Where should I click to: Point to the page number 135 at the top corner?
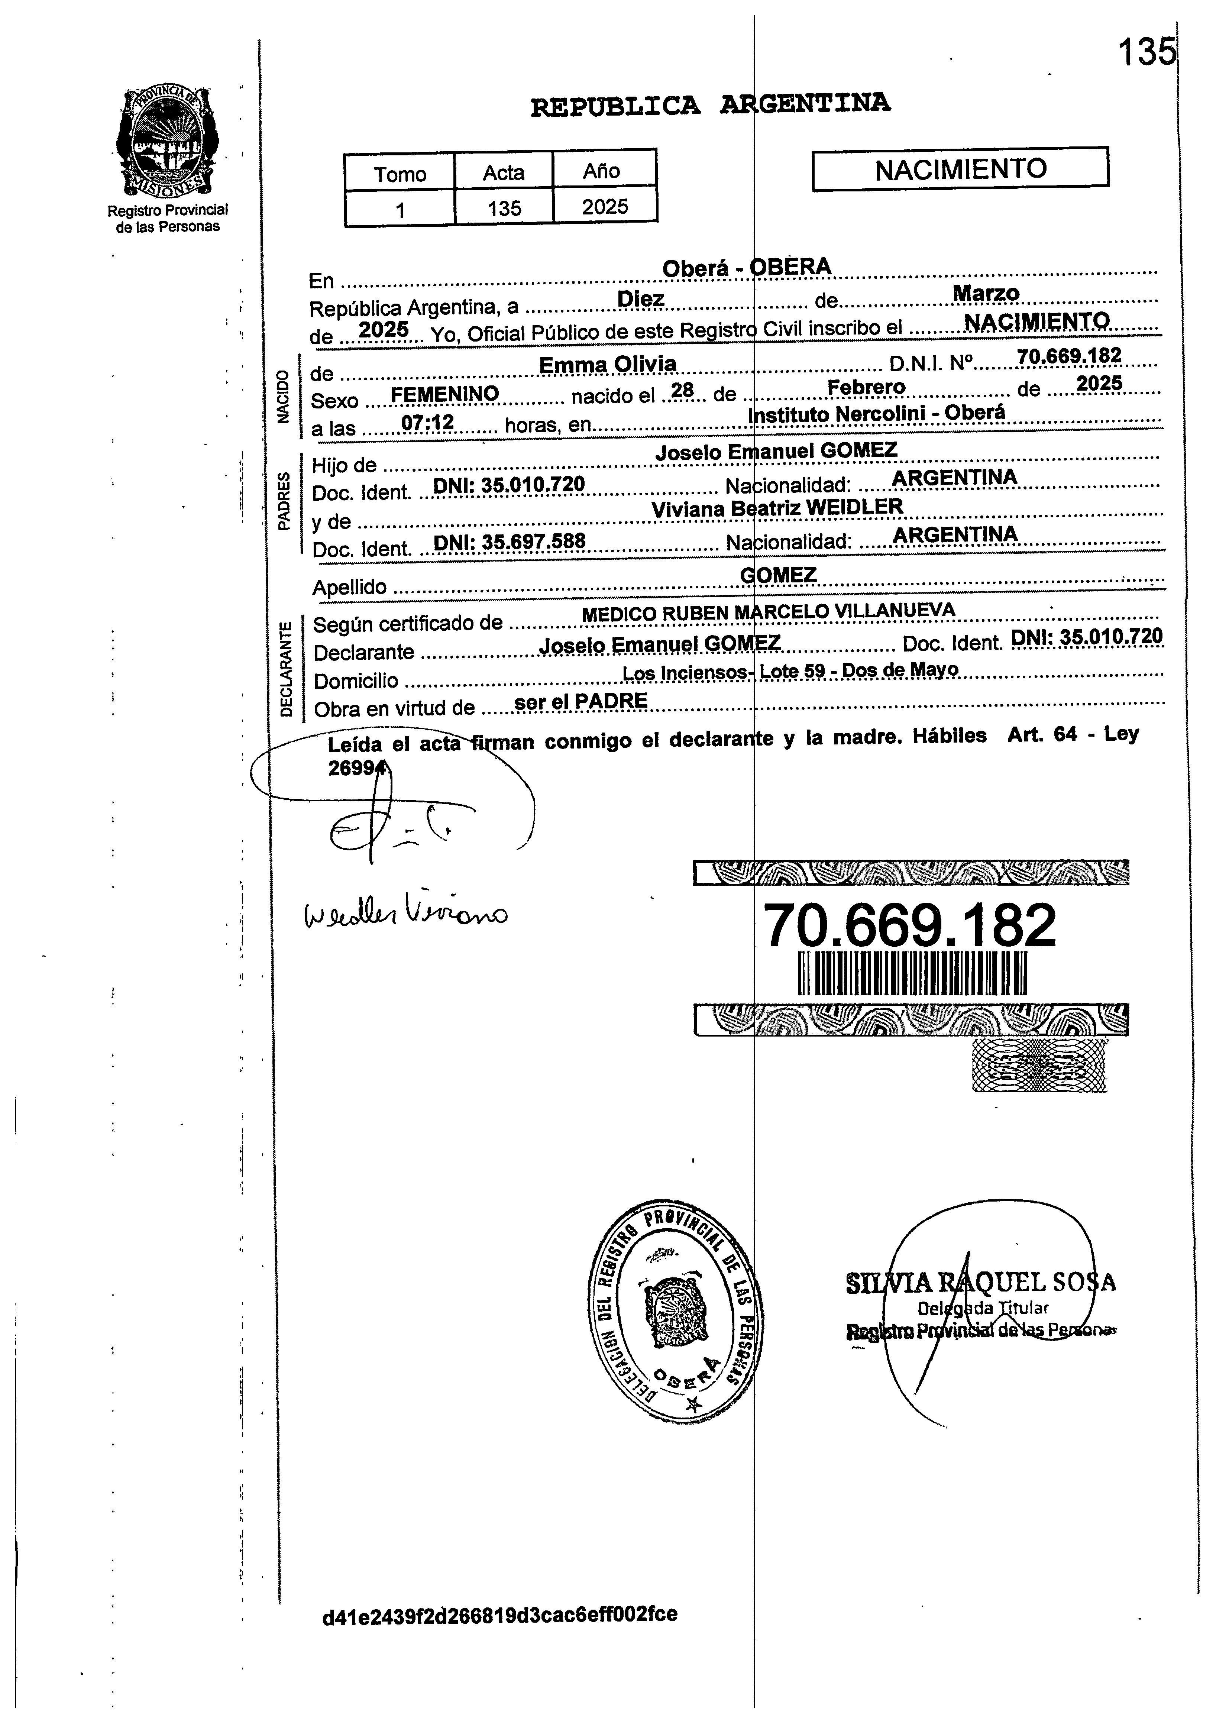coord(1146,53)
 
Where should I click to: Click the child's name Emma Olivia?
coord(608,365)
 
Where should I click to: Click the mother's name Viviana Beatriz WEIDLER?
coord(777,508)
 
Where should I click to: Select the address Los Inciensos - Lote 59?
coord(790,671)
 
